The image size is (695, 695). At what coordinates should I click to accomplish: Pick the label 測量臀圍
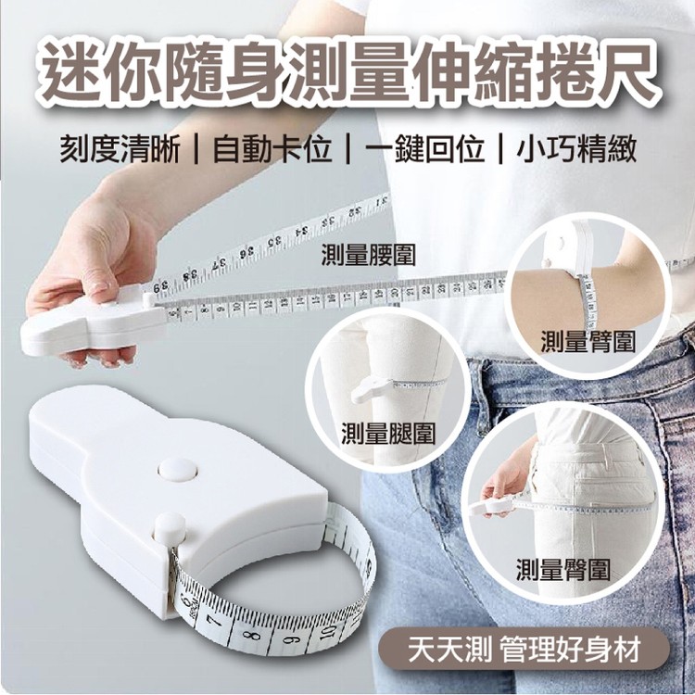pos(563,569)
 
